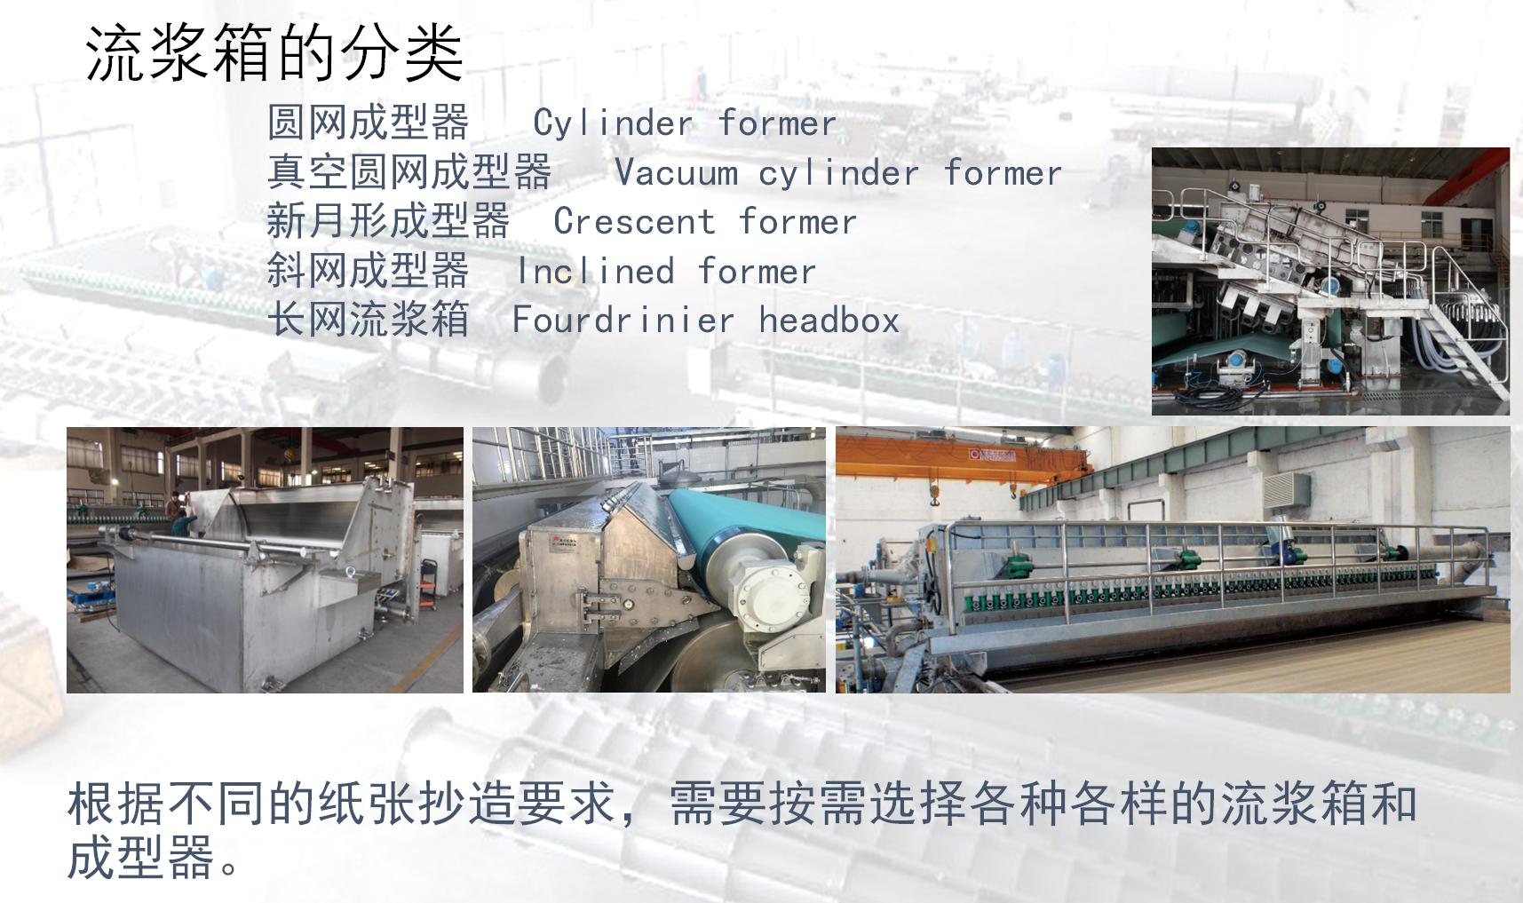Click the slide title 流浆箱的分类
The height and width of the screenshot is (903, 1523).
pyautogui.click(x=274, y=52)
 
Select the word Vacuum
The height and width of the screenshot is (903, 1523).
pyautogui.click(x=677, y=172)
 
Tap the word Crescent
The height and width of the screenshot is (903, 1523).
pyautogui.click(x=634, y=221)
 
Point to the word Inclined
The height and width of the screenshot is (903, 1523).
pyautogui.click(x=596, y=271)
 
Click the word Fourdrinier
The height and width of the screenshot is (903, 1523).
pyautogui.click(x=623, y=320)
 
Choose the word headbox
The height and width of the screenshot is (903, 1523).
pyautogui.click(x=829, y=320)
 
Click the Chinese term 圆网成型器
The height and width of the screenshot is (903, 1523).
pyautogui.click(x=369, y=123)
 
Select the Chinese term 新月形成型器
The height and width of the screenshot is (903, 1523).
pyautogui.click(x=389, y=221)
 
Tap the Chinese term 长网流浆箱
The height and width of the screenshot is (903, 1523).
pyautogui.click(x=369, y=320)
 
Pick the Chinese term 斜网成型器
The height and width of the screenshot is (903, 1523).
pyautogui.click(x=369, y=271)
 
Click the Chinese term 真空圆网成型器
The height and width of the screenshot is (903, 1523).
pyautogui.click(x=409, y=172)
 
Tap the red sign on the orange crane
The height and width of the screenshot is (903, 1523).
pyautogui.click(x=992, y=455)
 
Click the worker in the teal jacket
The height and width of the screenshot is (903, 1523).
pyautogui.click(x=183, y=518)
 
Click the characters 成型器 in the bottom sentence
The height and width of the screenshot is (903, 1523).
pyautogui.click(x=141, y=858)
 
